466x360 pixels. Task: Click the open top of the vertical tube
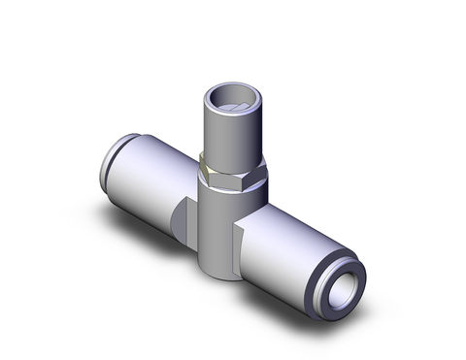pos(232,96)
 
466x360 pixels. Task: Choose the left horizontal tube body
pos(150,175)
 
